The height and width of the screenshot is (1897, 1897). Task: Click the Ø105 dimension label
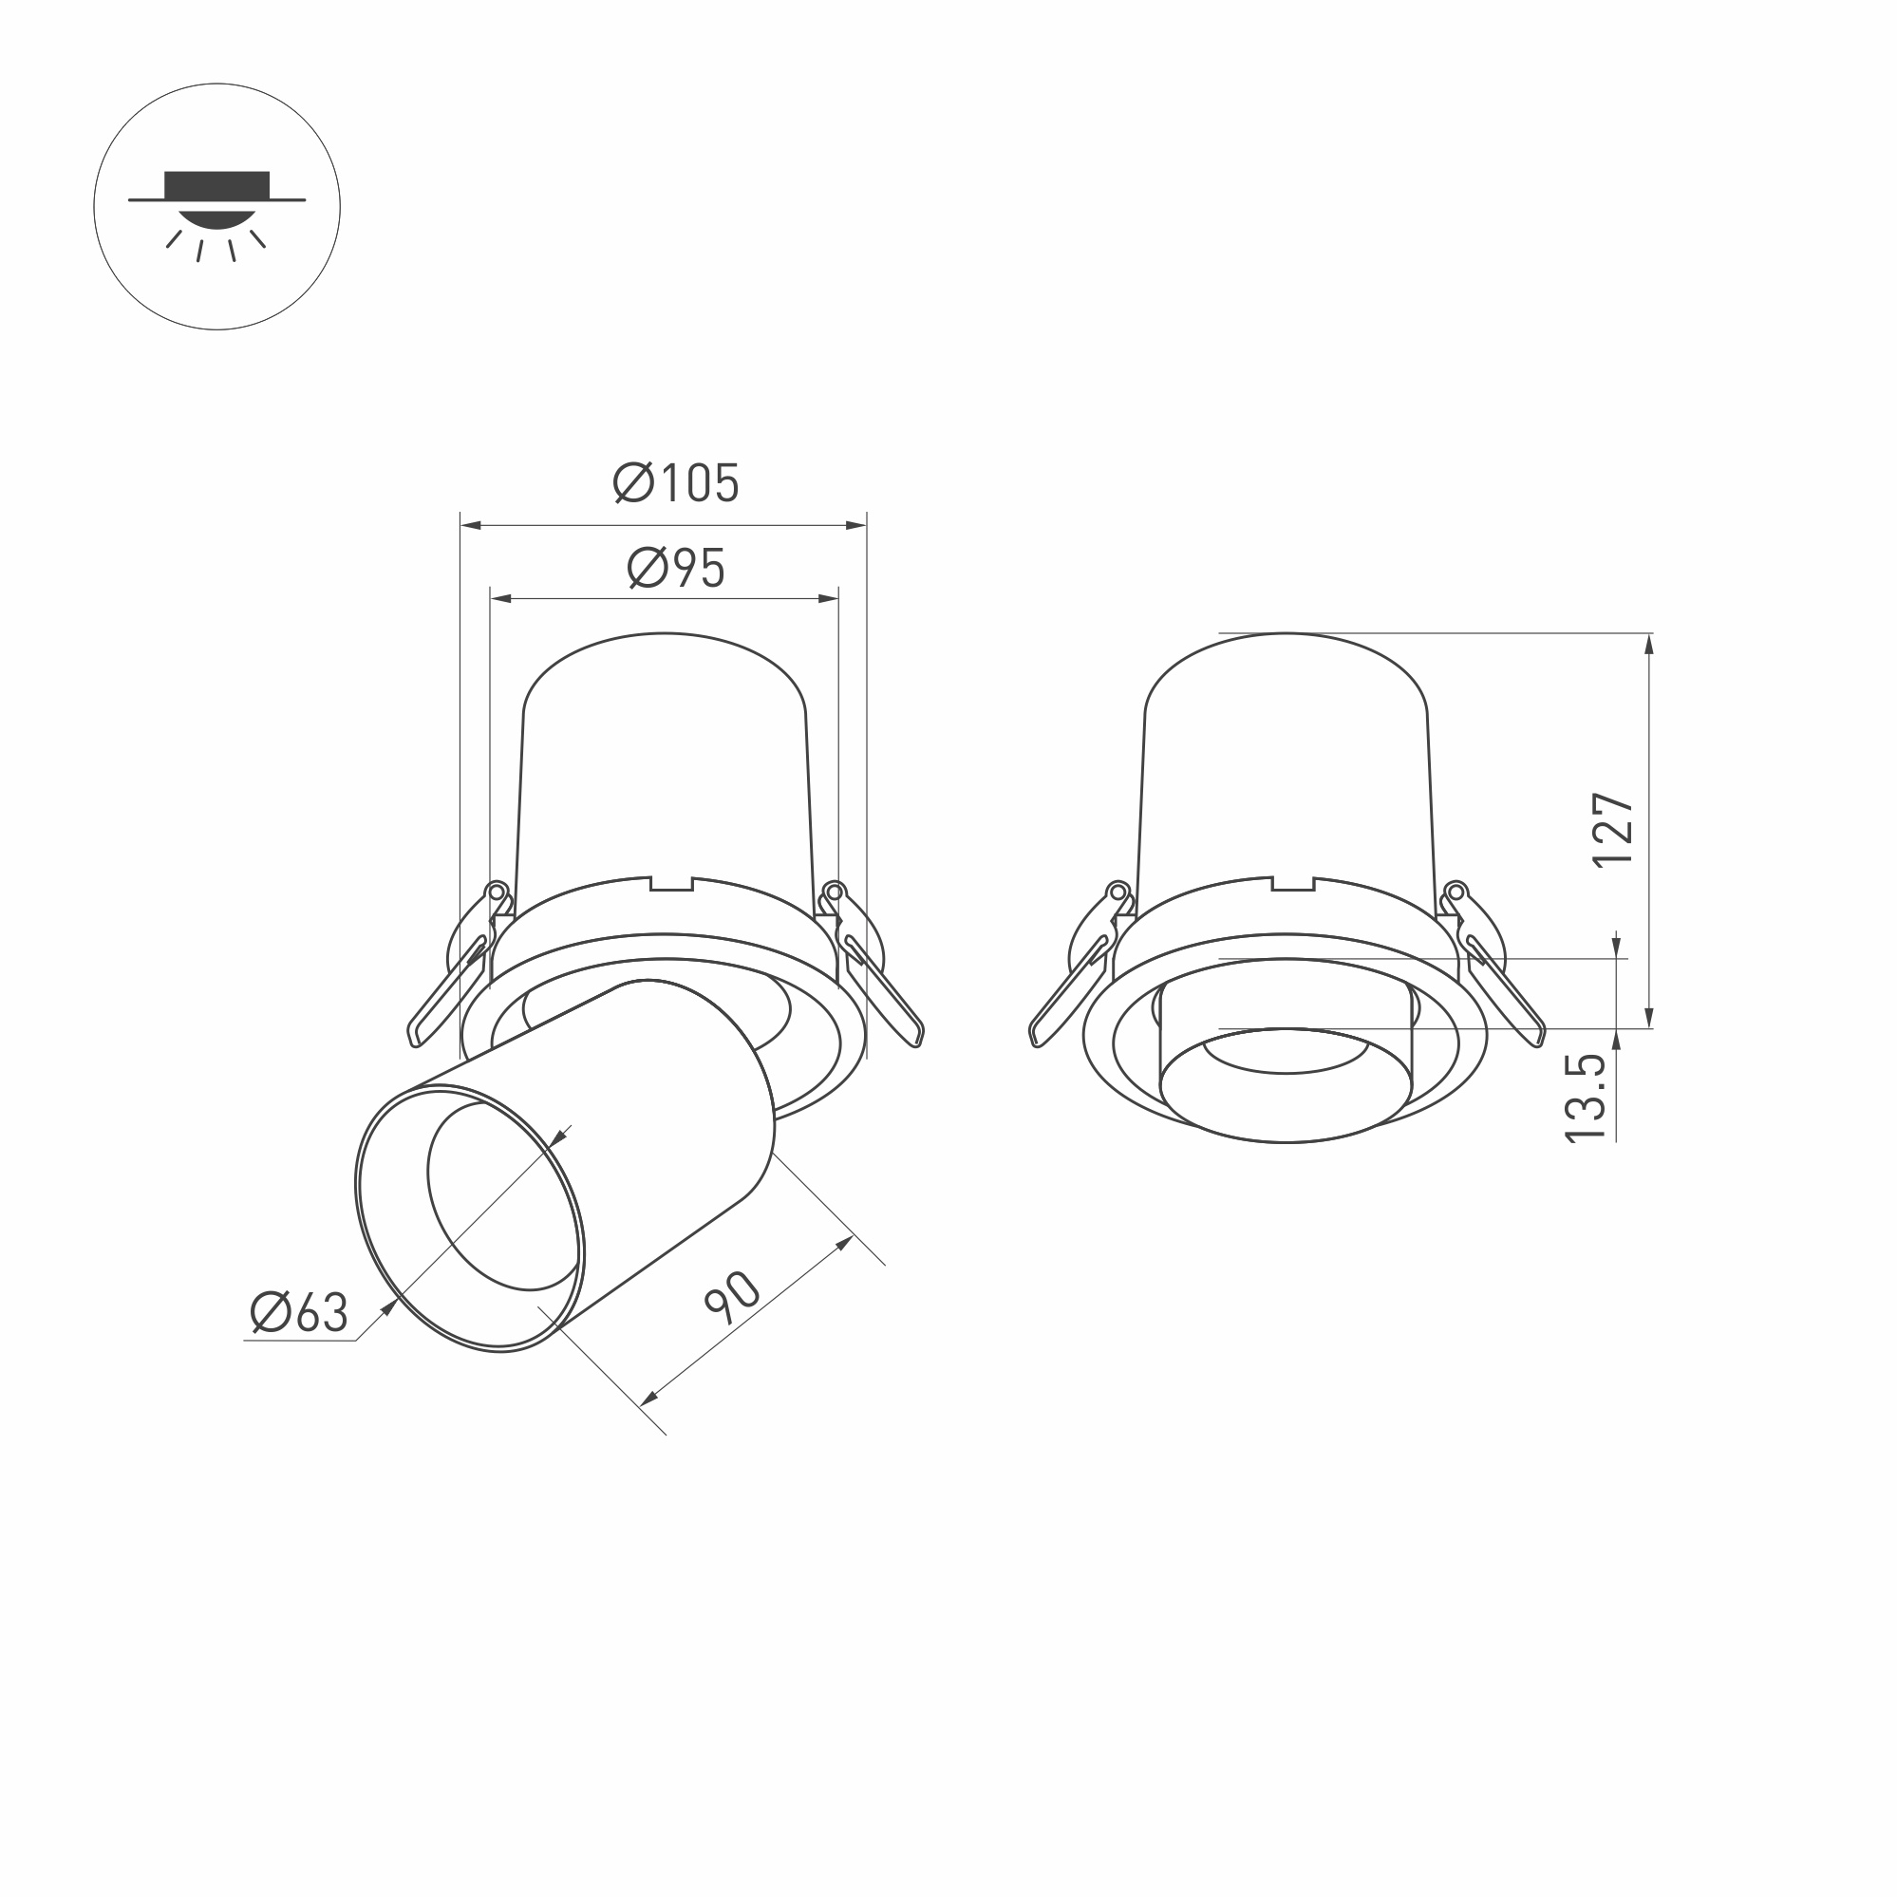(x=676, y=483)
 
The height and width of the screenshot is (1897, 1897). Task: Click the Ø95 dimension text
(x=676, y=569)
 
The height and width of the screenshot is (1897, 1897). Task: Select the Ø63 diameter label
(x=298, y=1313)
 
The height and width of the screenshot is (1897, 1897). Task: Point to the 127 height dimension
(x=1613, y=830)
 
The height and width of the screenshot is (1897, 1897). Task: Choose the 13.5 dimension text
(x=1585, y=1098)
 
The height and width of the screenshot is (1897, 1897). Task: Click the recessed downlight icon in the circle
(x=217, y=206)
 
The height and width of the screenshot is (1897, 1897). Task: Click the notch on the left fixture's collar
(x=671, y=885)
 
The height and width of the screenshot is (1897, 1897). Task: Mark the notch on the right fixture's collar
(x=1293, y=885)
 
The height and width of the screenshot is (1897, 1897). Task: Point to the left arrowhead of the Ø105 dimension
(x=469, y=526)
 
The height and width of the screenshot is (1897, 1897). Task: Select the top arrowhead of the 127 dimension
(x=1648, y=644)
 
